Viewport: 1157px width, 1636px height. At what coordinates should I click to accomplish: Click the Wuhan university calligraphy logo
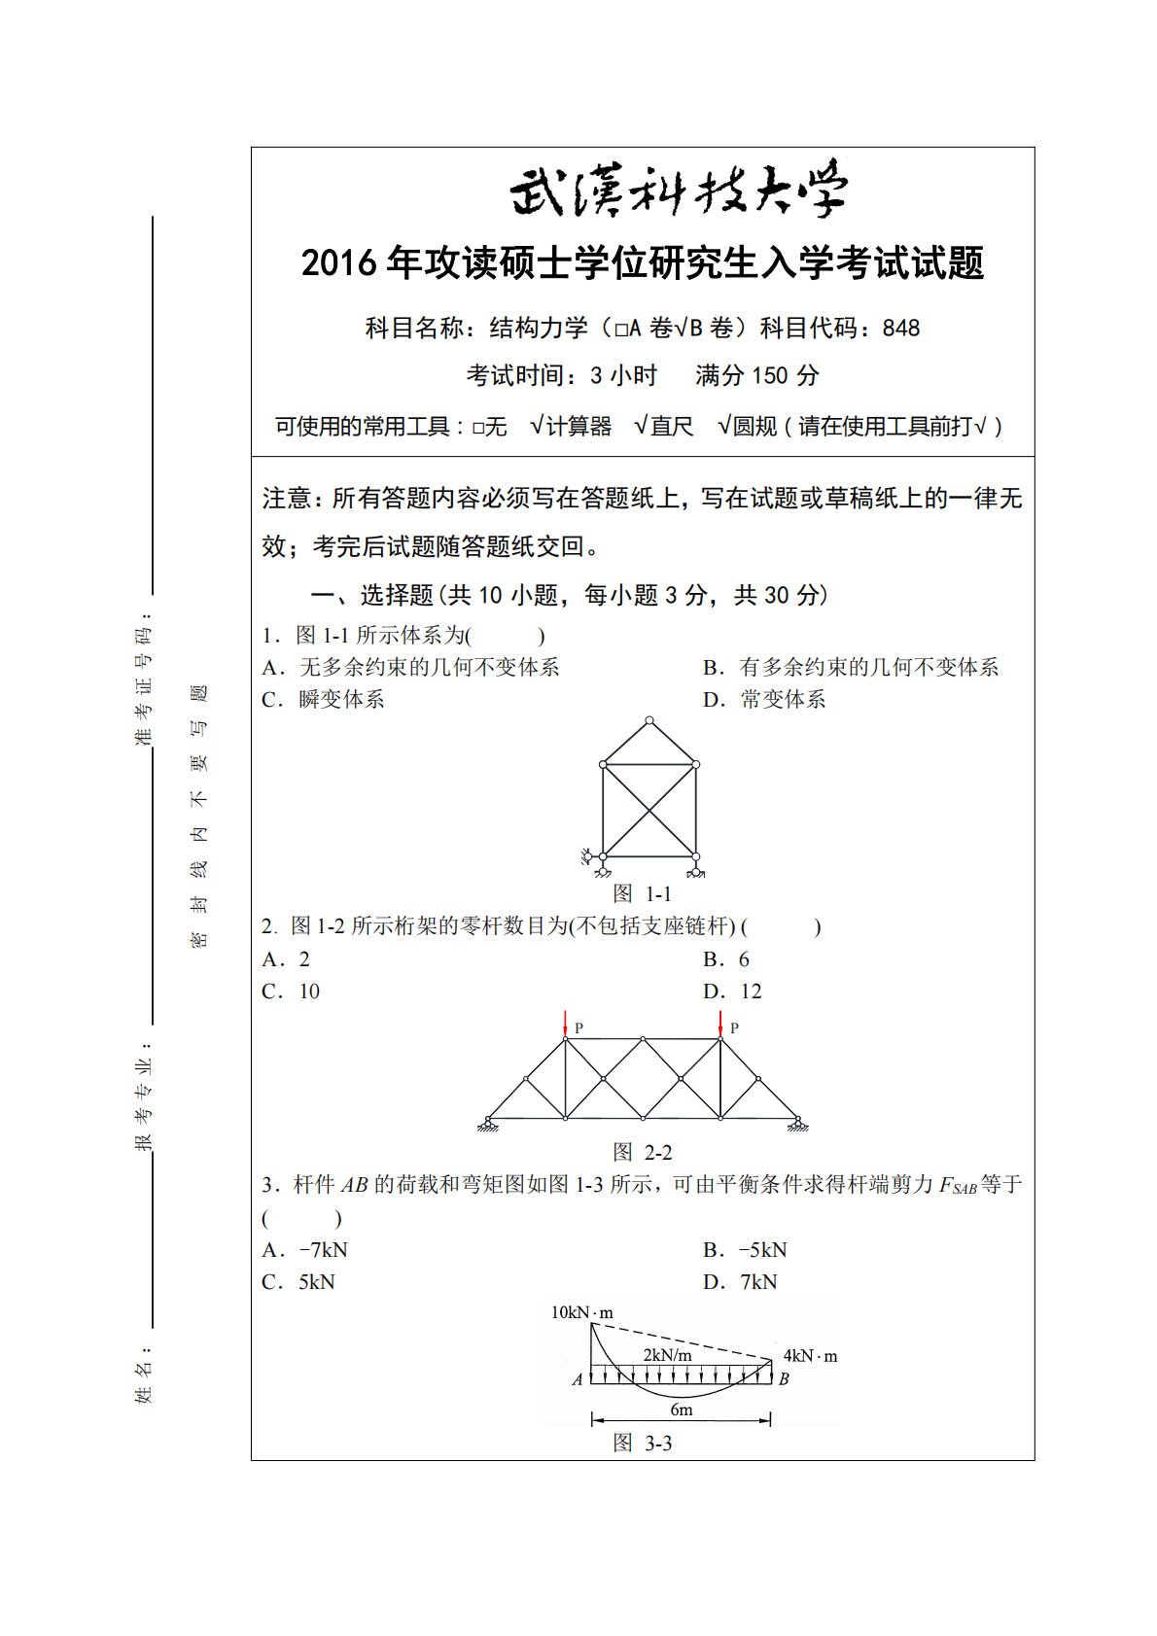coord(678,191)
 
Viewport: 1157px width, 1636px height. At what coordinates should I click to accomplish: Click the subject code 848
coord(901,329)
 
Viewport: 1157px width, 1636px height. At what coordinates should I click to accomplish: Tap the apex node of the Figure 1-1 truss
coord(649,720)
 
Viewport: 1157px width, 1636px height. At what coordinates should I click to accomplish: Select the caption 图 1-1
coord(643,893)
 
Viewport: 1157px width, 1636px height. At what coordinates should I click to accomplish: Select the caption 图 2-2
coord(643,1153)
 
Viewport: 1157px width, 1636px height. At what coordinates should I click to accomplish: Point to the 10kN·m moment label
coord(581,1312)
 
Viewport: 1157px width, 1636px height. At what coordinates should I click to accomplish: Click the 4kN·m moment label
coord(810,1355)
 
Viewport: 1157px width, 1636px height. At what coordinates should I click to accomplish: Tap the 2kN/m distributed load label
coord(667,1354)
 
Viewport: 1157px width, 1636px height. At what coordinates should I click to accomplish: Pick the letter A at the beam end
coord(578,1378)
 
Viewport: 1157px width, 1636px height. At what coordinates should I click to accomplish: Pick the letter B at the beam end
coord(784,1378)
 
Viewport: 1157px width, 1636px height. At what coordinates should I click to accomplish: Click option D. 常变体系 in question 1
coord(764,700)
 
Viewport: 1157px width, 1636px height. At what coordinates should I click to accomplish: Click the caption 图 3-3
coord(643,1444)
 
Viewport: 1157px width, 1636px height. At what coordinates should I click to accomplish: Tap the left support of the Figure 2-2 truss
coord(486,1124)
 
